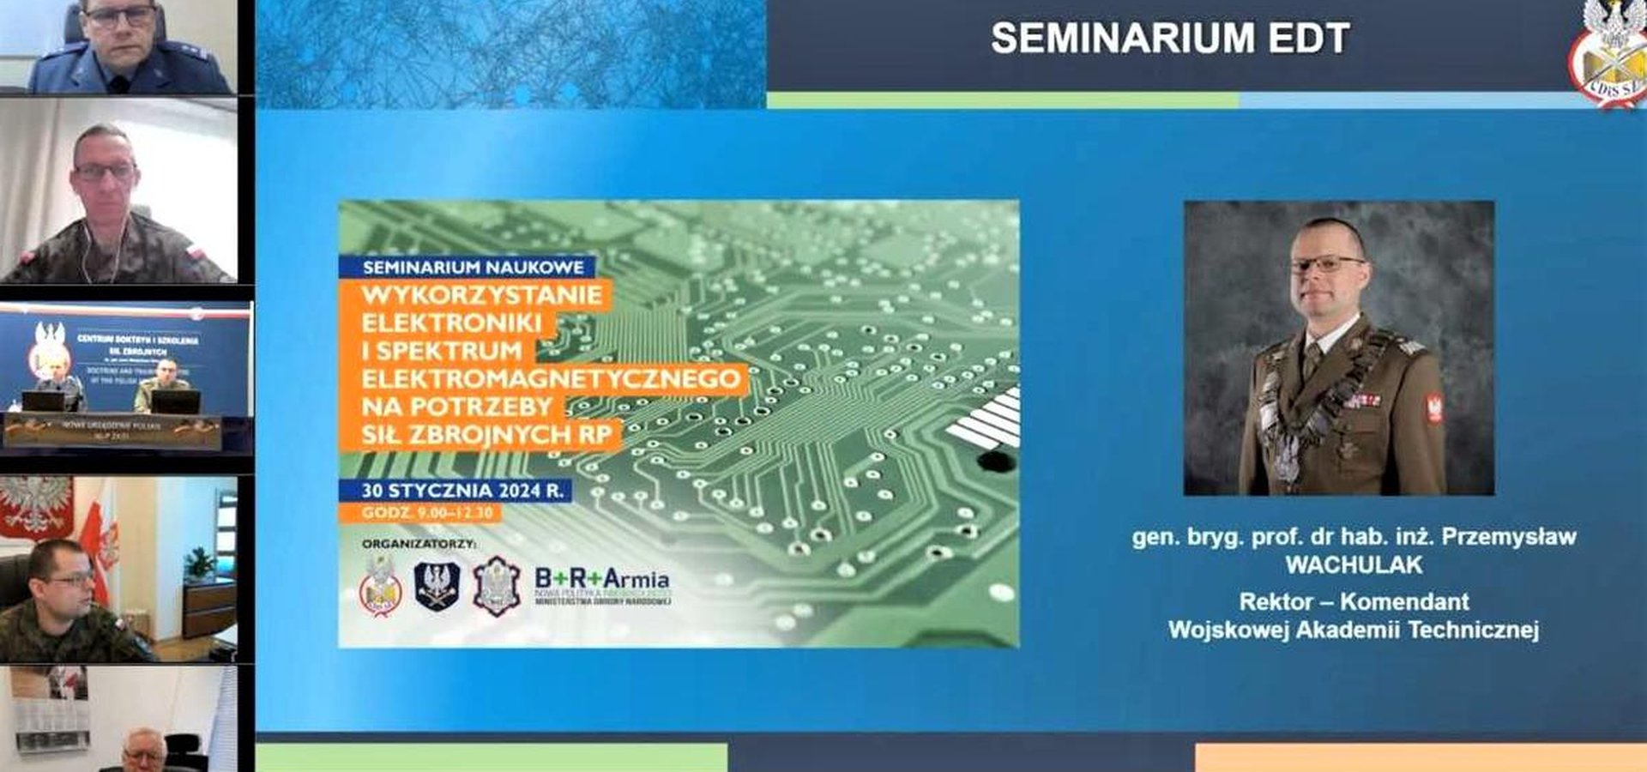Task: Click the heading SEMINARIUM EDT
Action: (1170, 39)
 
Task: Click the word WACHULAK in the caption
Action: (1354, 565)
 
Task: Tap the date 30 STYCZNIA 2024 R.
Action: (462, 491)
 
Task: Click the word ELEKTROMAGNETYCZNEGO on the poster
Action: (551, 378)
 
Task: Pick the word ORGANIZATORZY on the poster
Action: (419, 544)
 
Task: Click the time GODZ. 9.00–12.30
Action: (426, 513)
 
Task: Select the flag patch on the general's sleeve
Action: (1433, 408)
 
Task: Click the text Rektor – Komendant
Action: (1354, 601)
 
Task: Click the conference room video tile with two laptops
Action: (127, 377)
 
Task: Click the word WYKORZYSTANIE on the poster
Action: (481, 296)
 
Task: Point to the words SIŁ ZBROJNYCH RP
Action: (486, 435)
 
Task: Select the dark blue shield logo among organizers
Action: (437, 586)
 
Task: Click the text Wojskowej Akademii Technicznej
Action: (1354, 630)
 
